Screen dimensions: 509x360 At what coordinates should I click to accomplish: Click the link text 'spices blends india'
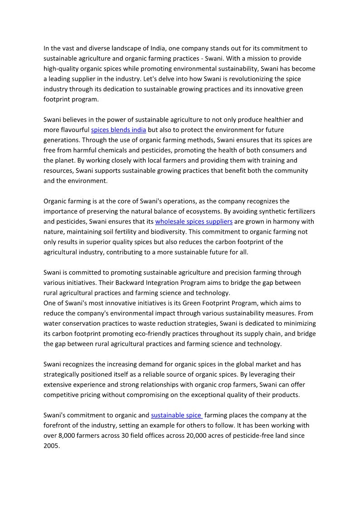coord(118,130)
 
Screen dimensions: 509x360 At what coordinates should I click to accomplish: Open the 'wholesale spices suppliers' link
coord(194,221)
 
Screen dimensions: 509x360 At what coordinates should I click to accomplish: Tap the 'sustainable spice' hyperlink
coord(176,415)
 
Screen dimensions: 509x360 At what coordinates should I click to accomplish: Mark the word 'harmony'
coord(273,221)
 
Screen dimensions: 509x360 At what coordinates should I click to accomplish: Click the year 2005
coord(52,445)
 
